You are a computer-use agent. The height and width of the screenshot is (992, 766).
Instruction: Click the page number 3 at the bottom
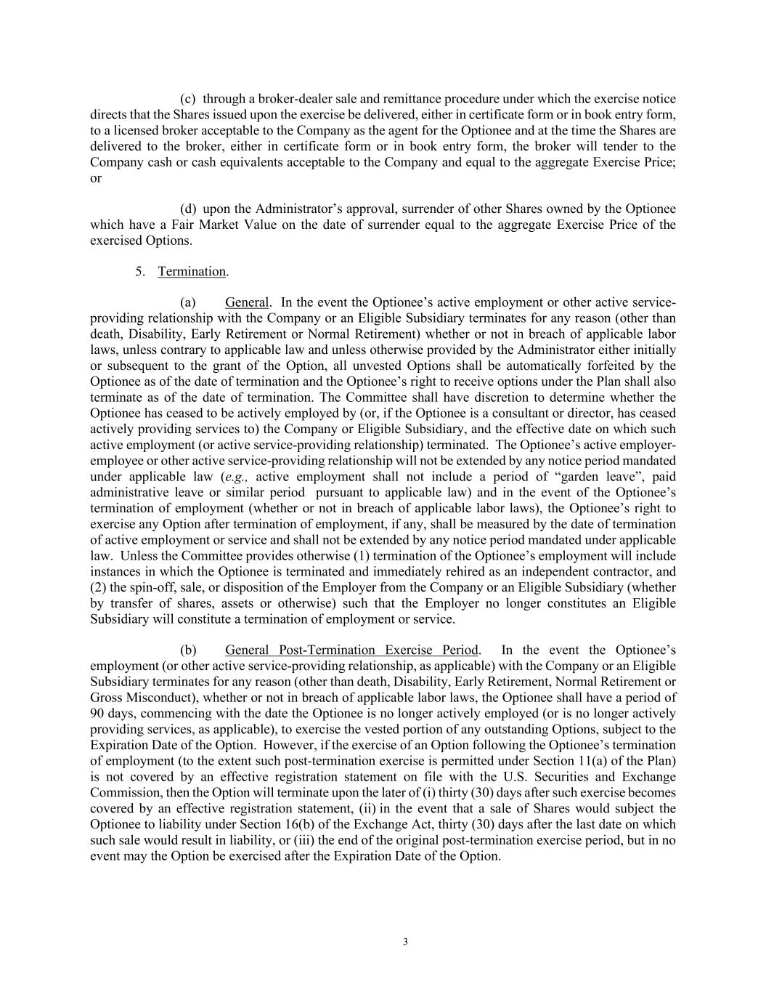[x=405, y=942]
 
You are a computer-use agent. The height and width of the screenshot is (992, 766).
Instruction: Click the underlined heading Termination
[x=192, y=271]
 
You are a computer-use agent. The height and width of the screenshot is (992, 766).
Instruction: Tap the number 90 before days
[x=97, y=714]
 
